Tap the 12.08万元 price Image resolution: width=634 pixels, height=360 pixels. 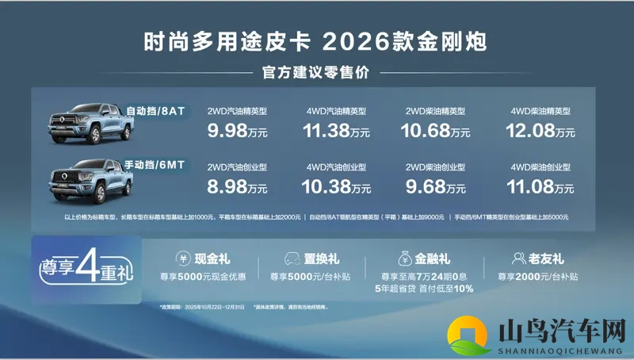point(540,131)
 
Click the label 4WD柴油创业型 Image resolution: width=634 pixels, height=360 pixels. point(541,168)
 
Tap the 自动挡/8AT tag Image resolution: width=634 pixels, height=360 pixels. point(155,111)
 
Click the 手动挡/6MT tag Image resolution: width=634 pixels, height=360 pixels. point(155,165)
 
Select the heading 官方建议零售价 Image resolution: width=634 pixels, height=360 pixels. point(316,73)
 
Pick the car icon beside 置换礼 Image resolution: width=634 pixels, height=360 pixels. point(290,258)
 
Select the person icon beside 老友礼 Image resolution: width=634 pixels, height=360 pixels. point(520,258)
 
